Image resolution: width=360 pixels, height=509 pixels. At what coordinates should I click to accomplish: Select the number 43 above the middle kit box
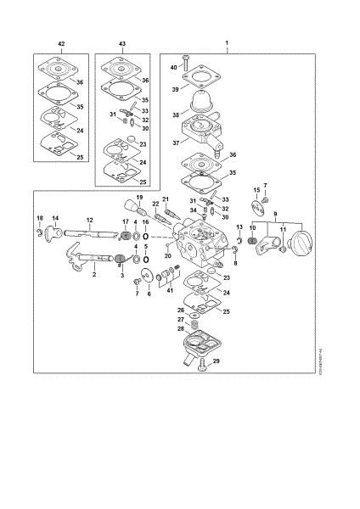pyautogui.click(x=122, y=42)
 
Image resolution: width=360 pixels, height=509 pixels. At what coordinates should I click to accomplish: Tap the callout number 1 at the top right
pyautogui.click(x=226, y=42)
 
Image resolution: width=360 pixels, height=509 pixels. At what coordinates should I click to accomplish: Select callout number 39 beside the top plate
pyautogui.click(x=176, y=87)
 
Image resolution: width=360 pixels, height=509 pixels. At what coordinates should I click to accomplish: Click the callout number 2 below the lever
pyautogui.click(x=94, y=275)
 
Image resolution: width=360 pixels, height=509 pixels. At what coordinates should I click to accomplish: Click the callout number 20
pyautogui.click(x=168, y=255)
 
